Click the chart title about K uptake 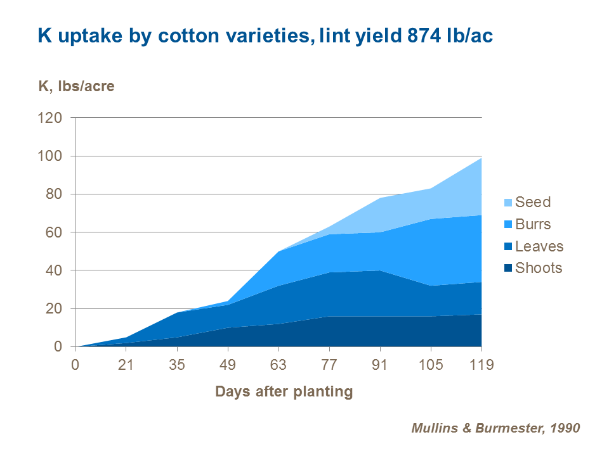(265, 36)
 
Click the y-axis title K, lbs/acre (77, 86)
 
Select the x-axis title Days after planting (284, 391)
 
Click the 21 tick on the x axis (126, 365)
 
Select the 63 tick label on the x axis (278, 365)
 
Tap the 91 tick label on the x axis (380, 365)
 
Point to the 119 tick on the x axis (481, 365)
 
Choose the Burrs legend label (533, 224)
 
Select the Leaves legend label (539, 246)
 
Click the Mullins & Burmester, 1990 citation (495, 428)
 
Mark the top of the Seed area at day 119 (481, 158)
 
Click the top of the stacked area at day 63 (278, 251)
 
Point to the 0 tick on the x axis (75, 365)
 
